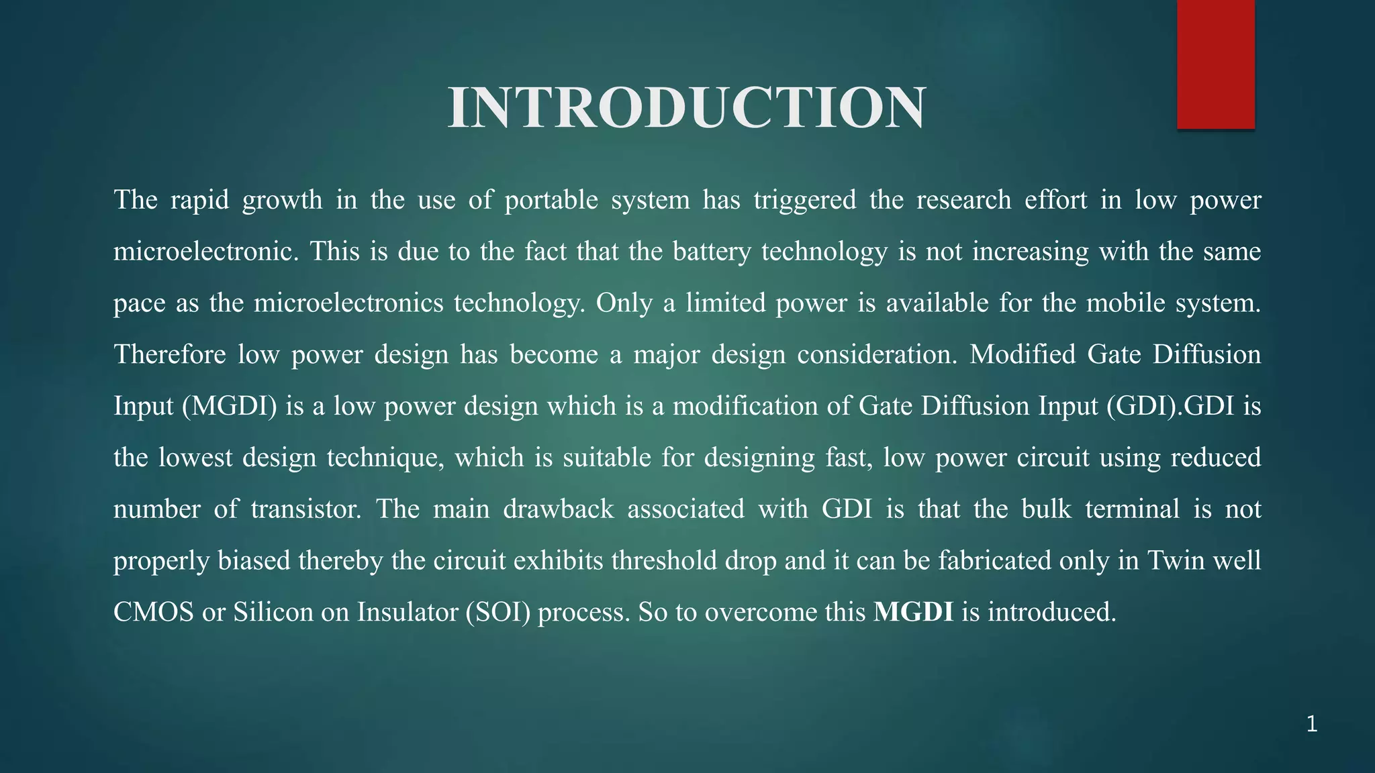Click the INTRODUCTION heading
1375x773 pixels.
pyautogui.click(x=687, y=108)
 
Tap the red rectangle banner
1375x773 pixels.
pyautogui.click(x=1215, y=64)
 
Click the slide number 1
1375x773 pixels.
pyautogui.click(x=1312, y=725)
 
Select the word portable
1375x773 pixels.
pyautogui.click(x=551, y=200)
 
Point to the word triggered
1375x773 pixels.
pyautogui.click(x=804, y=200)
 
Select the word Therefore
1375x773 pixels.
pyautogui.click(x=169, y=354)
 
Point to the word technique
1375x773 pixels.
pyautogui.click(x=385, y=458)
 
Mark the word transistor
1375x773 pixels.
pyautogui.click(x=306, y=509)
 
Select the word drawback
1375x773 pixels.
pyautogui.click(x=558, y=509)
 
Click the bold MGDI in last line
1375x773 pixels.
pyautogui.click(x=913, y=612)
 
